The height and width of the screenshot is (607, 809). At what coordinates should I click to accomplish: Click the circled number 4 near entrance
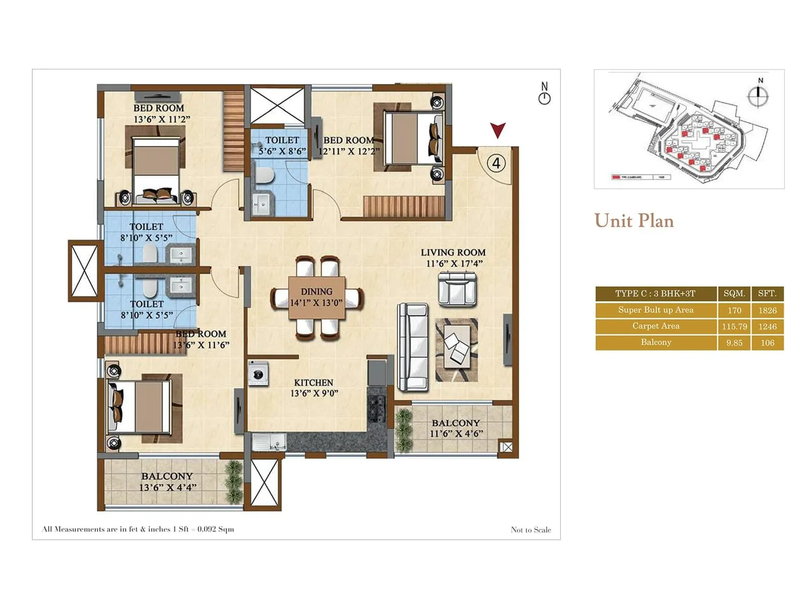pos(496,163)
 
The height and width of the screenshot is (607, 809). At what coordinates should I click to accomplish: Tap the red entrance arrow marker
pos(498,129)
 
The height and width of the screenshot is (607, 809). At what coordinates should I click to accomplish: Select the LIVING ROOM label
pos(453,252)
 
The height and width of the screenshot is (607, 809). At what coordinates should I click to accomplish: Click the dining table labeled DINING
pos(317,297)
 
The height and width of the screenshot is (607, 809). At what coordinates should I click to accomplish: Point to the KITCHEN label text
pos(313,382)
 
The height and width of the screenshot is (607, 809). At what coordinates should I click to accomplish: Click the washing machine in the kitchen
pos(258,374)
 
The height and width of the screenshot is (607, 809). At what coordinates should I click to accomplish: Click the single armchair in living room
pos(457,289)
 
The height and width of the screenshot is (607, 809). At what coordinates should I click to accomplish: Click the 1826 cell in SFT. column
pos(767,310)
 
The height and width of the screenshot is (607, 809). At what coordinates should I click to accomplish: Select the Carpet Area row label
pos(656,326)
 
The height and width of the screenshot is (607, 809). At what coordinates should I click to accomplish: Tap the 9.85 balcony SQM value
pos(734,343)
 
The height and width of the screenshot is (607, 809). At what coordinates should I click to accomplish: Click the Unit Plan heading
pos(634,221)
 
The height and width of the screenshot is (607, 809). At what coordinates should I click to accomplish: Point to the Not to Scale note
pos(531,530)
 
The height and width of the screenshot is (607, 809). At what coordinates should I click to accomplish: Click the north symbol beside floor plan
pos(545,94)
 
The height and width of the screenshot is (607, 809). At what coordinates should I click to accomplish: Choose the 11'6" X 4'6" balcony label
pos(456,433)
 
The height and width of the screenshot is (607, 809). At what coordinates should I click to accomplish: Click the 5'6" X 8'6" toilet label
pos(282,151)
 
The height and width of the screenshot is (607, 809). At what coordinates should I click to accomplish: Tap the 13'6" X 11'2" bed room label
pos(162,119)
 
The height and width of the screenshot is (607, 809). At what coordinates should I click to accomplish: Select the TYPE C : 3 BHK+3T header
pos(655,293)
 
